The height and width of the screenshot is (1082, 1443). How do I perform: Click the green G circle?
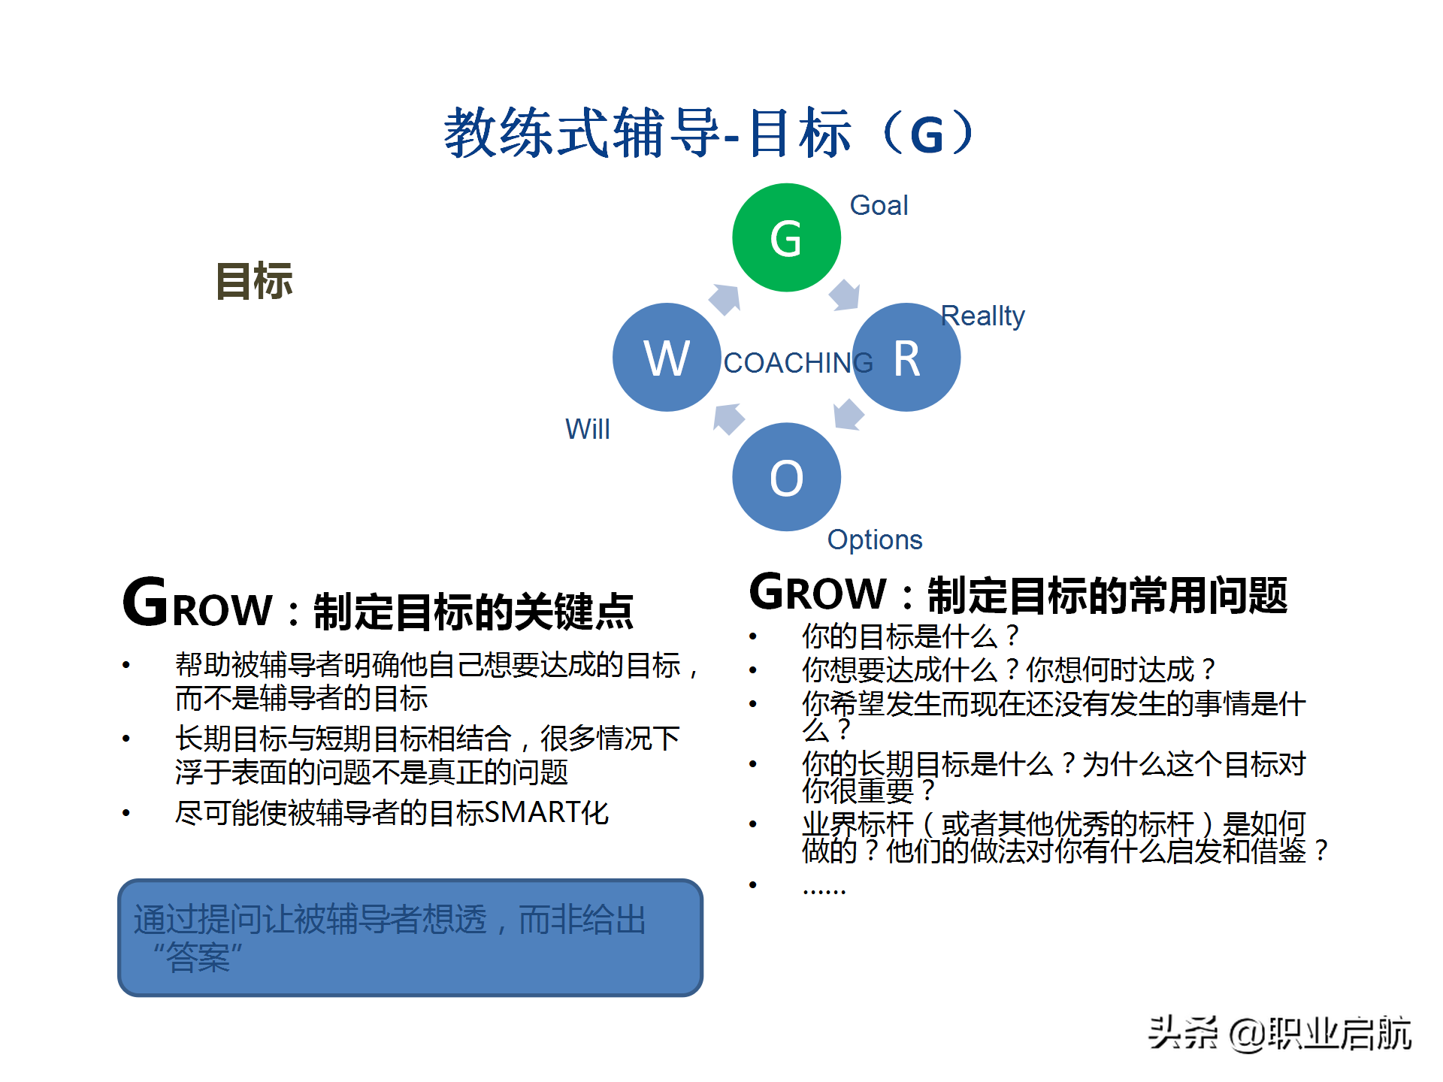click(786, 237)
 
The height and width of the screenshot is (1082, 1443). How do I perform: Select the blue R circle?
click(906, 357)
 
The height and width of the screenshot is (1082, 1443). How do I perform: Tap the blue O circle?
click(786, 477)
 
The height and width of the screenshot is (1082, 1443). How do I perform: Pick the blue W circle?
click(667, 357)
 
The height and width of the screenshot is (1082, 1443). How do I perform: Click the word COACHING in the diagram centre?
click(797, 363)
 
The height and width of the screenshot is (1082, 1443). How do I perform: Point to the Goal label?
click(879, 205)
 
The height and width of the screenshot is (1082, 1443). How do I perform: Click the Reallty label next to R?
click(982, 316)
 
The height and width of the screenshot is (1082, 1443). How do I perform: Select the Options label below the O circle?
click(874, 539)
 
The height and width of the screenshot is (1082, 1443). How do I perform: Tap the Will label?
click(587, 429)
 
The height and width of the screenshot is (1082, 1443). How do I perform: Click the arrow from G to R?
click(845, 295)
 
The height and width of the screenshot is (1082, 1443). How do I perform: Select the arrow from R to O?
click(849, 415)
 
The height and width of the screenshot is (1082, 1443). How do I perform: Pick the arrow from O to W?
click(728, 419)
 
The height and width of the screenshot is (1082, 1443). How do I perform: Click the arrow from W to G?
click(725, 299)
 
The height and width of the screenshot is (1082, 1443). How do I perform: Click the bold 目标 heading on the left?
click(254, 281)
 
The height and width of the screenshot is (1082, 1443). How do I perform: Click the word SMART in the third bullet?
click(525, 812)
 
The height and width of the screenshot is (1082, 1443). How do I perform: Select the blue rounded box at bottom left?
click(410, 938)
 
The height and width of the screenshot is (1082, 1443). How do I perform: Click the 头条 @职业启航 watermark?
click(1280, 1033)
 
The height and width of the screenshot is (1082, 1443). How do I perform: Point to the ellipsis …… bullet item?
click(824, 887)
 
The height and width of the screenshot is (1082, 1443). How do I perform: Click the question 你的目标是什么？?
click(910, 636)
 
